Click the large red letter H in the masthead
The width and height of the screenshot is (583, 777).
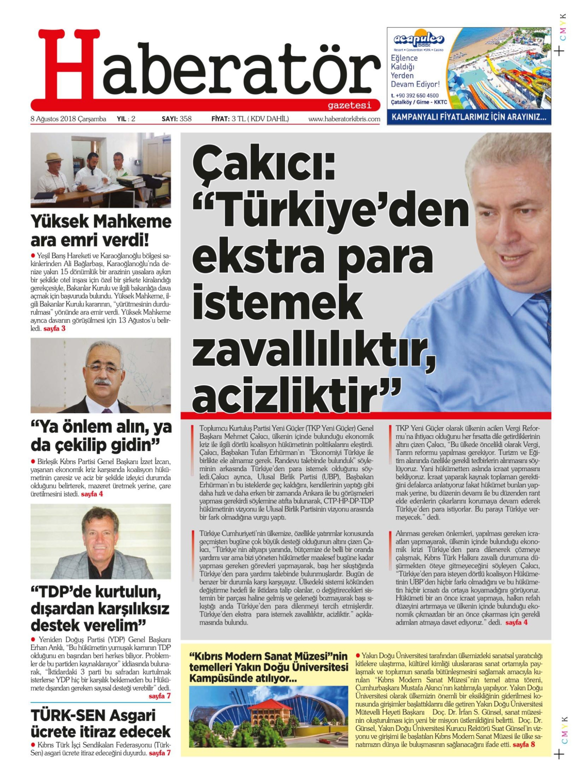pos(67,67)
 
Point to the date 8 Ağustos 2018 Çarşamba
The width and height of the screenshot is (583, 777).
pos(68,119)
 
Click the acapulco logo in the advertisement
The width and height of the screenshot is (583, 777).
pos(418,39)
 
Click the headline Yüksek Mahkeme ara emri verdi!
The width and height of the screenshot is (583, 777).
pos(101,232)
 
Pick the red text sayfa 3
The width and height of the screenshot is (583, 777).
pos(54,329)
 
